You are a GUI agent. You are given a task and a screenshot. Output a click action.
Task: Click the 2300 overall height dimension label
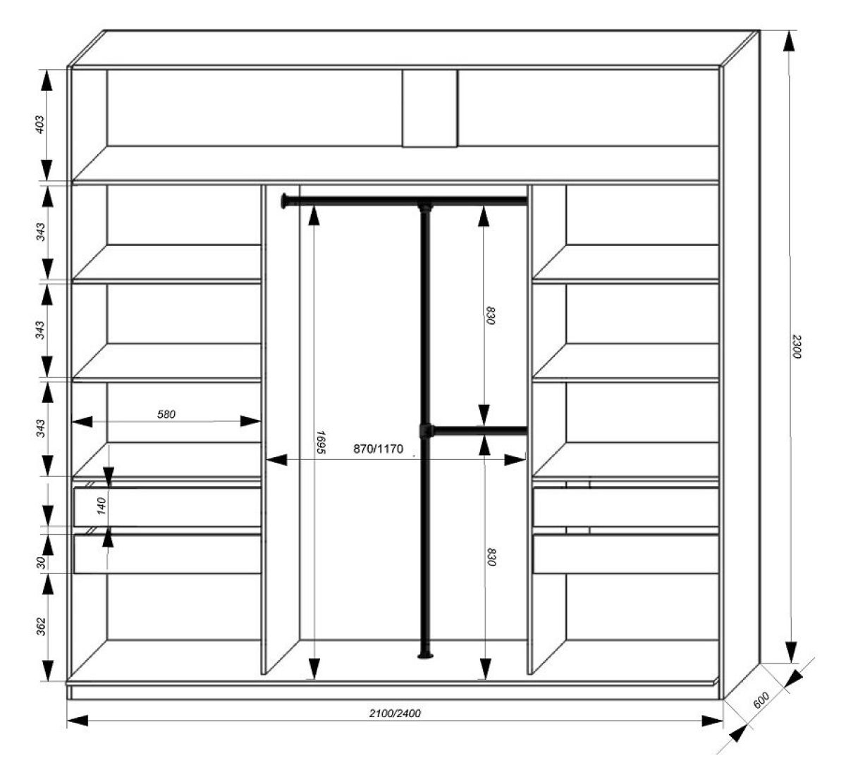(795, 347)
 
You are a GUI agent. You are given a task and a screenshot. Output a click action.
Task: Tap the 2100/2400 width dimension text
(396, 714)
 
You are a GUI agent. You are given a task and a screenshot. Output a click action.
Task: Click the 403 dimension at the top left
(39, 125)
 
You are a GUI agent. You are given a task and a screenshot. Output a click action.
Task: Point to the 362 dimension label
(40, 626)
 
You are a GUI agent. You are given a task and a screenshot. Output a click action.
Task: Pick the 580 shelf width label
(166, 414)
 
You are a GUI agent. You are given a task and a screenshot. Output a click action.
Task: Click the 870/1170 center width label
(379, 449)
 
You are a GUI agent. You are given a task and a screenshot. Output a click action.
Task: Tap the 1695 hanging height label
(321, 442)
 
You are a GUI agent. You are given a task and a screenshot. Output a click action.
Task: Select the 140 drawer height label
(102, 506)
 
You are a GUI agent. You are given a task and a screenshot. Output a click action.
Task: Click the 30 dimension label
(41, 562)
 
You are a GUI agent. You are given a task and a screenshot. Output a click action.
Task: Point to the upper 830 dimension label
(490, 316)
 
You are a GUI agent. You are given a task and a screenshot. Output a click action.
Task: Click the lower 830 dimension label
(491, 557)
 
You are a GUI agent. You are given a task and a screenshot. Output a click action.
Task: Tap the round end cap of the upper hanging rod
(284, 201)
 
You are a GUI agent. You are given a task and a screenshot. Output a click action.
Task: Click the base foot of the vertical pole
(426, 656)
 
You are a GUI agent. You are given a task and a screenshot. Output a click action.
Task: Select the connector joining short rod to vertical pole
(426, 431)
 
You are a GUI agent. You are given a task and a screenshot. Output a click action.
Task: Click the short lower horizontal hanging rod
(480, 431)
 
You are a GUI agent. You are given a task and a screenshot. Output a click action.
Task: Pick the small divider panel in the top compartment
(430, 108)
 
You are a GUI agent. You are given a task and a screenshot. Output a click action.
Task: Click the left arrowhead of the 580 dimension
(82, 421)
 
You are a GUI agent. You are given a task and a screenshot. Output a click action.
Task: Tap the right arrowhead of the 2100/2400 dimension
(712, 721)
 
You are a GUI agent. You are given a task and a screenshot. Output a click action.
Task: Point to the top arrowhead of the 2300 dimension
(789, 40)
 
